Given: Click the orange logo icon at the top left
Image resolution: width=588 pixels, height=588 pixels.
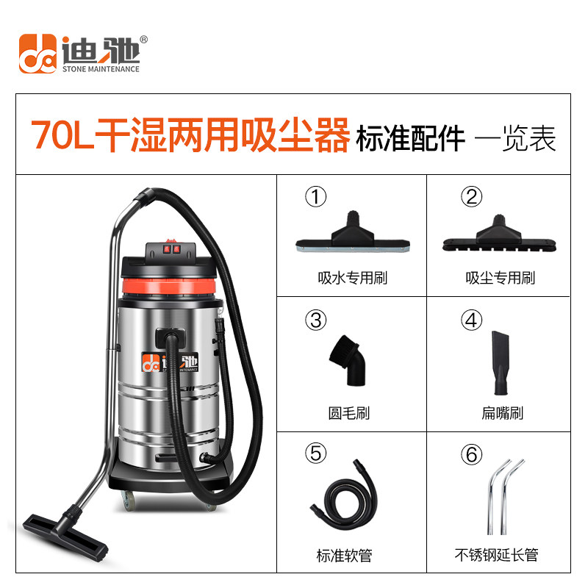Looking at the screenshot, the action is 38,54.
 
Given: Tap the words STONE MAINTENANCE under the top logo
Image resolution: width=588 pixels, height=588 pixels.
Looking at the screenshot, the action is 101,69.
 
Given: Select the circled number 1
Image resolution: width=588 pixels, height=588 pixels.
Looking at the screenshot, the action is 316,196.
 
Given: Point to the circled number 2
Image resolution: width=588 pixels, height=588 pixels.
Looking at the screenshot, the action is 472,196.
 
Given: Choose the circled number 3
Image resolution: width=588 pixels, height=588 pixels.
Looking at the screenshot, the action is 316,320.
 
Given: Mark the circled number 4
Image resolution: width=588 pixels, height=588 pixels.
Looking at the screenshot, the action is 472,320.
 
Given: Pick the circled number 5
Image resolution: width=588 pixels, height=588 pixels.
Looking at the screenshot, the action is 316,453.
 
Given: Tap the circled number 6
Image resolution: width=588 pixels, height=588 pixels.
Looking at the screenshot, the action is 472,453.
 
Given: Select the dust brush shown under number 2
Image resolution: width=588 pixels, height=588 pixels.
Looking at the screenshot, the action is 499,235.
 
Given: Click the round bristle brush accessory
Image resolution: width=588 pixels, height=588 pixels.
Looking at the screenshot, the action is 348,360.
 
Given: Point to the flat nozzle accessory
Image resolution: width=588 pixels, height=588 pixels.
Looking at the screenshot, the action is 501,362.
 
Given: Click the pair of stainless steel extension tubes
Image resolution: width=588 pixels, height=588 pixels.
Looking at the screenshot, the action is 504,497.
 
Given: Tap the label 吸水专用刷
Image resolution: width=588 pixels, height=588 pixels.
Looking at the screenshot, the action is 353,278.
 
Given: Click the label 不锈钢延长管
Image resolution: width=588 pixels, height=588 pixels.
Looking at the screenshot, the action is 497,555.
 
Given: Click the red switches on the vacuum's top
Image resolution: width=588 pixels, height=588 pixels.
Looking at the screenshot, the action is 171,249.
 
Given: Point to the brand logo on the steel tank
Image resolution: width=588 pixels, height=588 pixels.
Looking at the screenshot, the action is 170,362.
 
